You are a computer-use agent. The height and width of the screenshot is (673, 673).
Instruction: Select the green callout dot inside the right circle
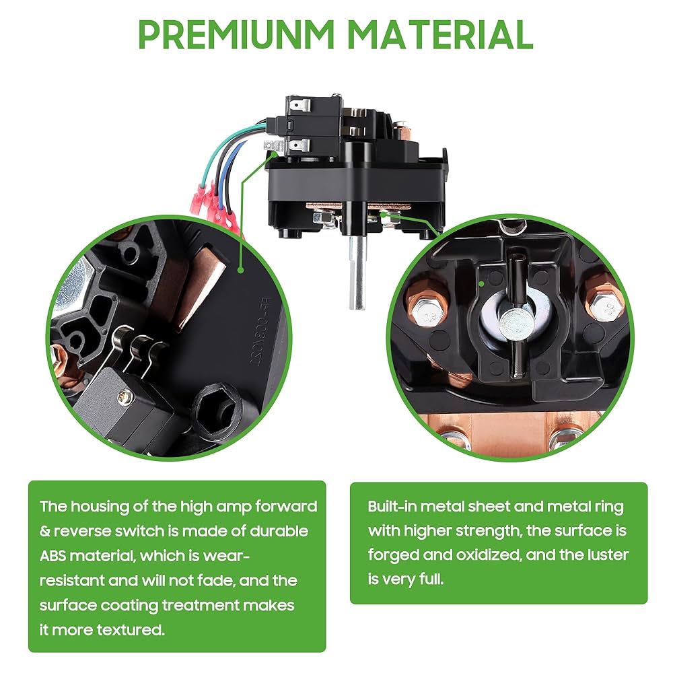[482, 284]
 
